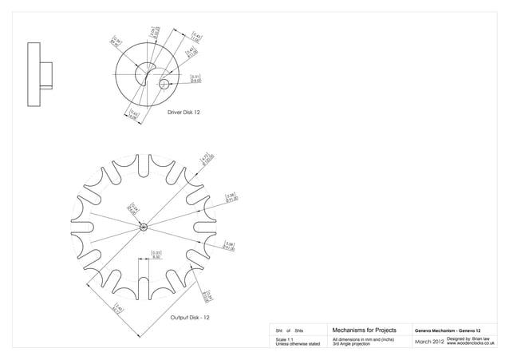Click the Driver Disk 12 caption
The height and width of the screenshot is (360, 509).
[183, 113]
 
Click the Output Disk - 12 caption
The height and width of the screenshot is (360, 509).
[189, 318]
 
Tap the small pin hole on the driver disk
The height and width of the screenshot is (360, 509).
[164, 84]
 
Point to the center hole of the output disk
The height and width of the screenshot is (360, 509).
[144, 227]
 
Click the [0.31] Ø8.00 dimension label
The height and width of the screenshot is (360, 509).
[195, 78]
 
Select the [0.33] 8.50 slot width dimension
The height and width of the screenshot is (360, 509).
[156, 255]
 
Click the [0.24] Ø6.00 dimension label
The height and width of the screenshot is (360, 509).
[135, 209]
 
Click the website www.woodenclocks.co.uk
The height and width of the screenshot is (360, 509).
[472, 345]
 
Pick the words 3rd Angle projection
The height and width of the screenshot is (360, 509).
[351, 345]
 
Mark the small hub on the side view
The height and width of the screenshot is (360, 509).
[48, 74]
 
